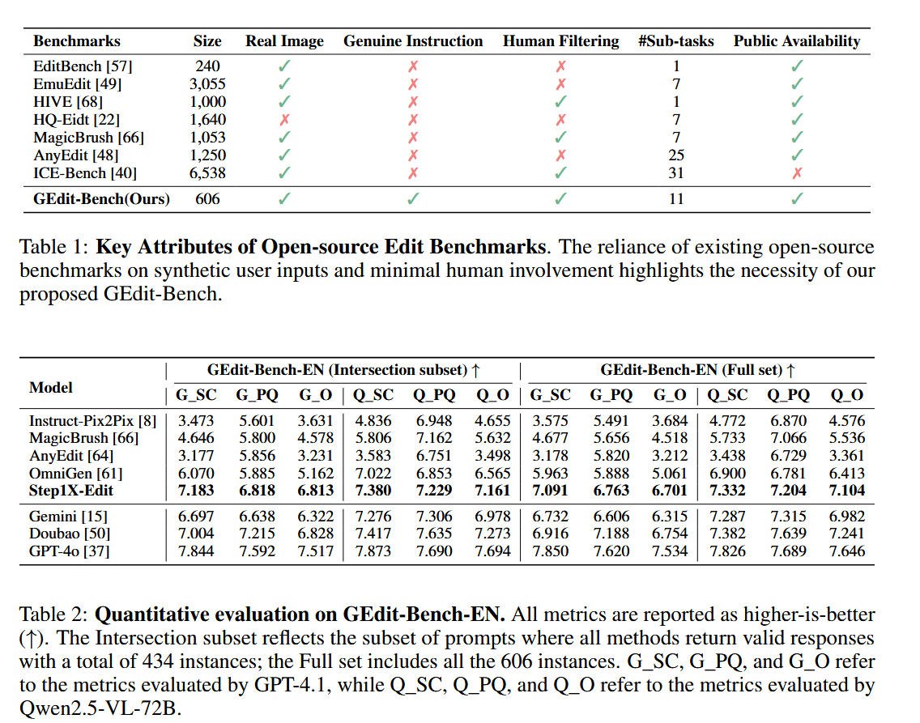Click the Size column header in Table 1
click(x=207, y=41)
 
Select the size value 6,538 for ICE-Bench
click(x=207, y=172)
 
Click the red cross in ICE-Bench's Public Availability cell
click(x=797, y=172)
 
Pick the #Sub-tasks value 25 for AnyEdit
click(x=676, y=155)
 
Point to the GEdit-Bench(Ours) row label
click(x=102, y=198)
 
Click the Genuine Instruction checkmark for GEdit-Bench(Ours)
click(x=413, y=198)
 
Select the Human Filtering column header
click(x=560, y=41)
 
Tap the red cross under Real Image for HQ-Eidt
click(x=284, y=120)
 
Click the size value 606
click(x=207, y=198)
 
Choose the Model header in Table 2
click(x=51, y=388)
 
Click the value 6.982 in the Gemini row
click(x=847, y=517)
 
